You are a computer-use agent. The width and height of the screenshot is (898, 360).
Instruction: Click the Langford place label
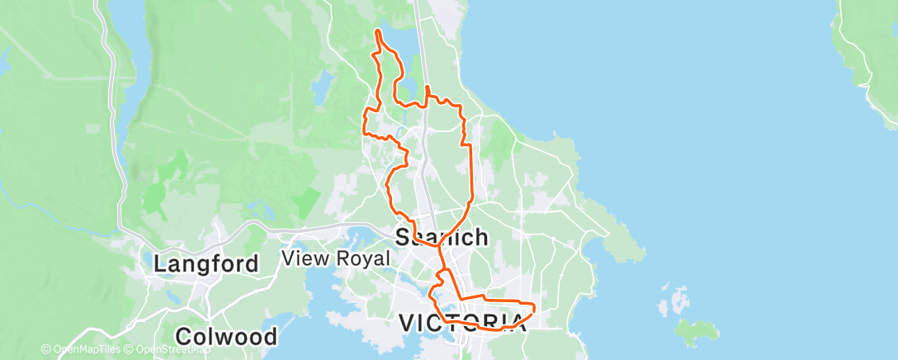[206, 264]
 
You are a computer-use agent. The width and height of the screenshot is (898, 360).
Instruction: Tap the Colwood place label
[225, 337]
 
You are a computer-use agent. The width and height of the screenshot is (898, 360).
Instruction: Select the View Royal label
[335, 258]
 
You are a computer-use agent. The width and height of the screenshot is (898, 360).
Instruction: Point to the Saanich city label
[442, 238]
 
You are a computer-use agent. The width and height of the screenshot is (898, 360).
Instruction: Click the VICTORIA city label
[462, 322]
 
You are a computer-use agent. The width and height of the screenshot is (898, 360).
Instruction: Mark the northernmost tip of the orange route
[377, 31]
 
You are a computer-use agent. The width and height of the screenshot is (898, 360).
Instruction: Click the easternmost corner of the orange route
[534, 309]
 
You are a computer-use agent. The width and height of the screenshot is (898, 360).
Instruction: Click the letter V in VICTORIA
[407, 322]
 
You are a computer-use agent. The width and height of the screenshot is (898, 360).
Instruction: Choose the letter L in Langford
[161, 264]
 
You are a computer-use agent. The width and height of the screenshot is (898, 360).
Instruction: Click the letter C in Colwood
[183, 337]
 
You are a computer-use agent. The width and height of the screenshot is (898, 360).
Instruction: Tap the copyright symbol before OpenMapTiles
[45, 350]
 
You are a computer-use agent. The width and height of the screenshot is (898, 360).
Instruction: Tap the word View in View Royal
[304, 258]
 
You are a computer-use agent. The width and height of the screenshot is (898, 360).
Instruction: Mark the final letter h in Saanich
[481, 238]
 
